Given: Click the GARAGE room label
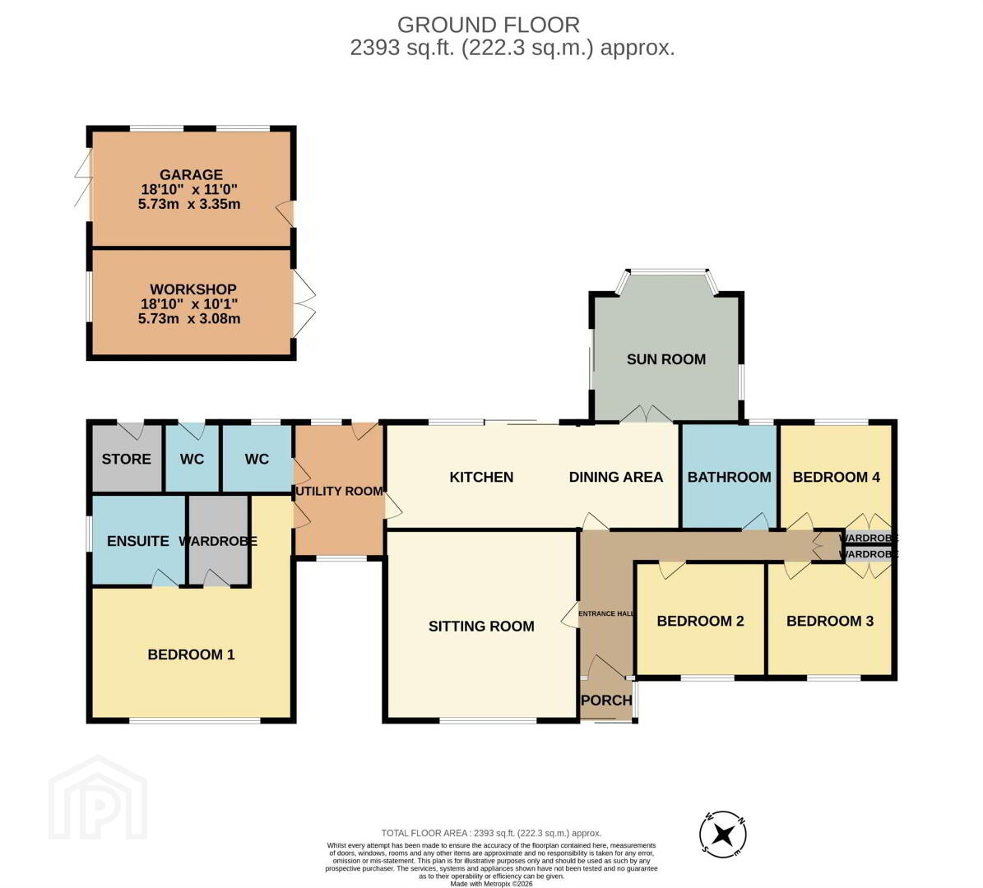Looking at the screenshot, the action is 191,175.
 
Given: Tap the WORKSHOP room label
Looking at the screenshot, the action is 193,289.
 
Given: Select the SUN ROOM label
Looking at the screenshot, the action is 666,359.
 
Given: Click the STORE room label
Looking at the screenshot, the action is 126,459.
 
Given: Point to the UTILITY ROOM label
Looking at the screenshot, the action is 339,492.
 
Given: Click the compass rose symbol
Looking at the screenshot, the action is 723,834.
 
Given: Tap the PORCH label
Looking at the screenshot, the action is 606,700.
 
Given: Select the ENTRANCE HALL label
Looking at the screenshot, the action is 606,613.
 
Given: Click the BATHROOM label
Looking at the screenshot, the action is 729,477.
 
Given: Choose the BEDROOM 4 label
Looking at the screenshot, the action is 837,477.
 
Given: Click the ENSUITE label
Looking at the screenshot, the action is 138,541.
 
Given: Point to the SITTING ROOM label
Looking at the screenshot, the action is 481,626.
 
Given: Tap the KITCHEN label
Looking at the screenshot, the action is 481,477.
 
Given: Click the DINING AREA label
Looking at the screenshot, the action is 615,477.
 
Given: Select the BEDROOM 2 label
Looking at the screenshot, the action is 700,621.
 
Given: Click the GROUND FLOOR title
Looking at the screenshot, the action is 489,25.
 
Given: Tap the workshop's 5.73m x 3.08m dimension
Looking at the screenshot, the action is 189,318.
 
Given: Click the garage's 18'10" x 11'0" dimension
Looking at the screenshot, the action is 189,189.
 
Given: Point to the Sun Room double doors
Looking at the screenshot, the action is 646,414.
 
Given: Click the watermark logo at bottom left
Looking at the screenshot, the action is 98,798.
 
